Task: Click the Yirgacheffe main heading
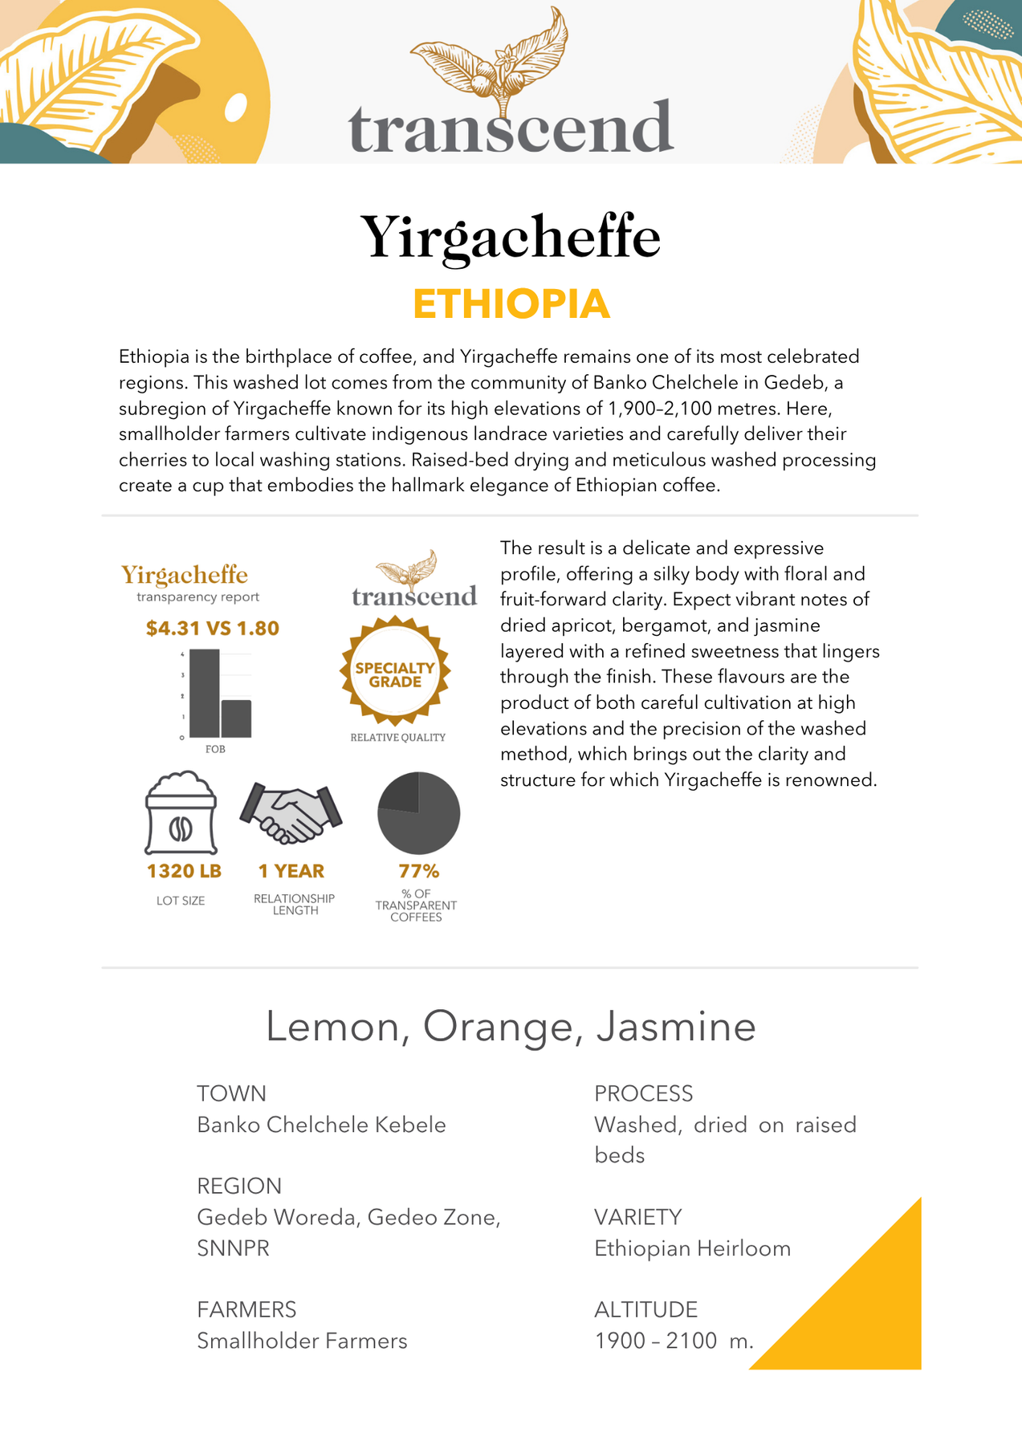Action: click(511, 238)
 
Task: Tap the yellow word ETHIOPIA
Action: click(511, 304)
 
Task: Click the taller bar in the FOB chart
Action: click(205, 692)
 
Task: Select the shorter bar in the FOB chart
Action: click(237, 718)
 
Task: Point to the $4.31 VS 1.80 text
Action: click(213, 628)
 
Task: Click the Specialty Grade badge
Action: click(395, 674)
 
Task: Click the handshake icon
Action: click(291, 813)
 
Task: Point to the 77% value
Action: click(419, 871)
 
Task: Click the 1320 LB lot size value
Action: click(184, 871)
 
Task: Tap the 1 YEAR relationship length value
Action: click(291, 871)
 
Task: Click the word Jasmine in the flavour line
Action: click(676, 1027)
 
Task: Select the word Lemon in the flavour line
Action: click(332, 1027)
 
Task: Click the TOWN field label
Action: click(231, 1093)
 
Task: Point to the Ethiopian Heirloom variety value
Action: click(692, 1248)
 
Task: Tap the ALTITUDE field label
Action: click(645, 1309)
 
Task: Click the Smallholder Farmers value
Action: click(302, 1341)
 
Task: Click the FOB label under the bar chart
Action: click(215, 749)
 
